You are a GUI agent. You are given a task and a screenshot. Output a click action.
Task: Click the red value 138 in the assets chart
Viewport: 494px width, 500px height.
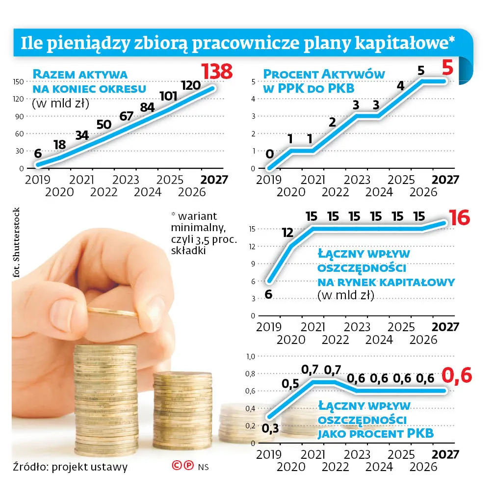click(216, 72)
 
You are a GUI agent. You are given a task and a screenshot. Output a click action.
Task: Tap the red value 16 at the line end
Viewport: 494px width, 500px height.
click(459, 217)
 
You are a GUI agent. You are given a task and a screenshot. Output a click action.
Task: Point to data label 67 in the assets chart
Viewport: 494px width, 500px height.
click(126, 116)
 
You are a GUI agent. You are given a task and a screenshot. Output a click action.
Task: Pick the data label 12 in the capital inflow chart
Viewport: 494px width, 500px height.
click(288, 233)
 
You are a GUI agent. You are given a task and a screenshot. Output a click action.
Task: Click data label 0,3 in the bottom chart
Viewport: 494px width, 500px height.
click(270, 428)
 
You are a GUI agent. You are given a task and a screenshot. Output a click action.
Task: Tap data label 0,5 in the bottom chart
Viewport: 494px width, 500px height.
click(290, 383)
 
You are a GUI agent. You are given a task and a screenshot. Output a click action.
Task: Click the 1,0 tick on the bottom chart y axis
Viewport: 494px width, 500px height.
click(250, 356)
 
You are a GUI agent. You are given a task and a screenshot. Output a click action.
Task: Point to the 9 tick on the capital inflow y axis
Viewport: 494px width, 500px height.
click(253, 263)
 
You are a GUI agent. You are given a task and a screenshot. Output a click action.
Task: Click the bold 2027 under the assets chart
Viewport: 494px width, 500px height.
click(214, 179)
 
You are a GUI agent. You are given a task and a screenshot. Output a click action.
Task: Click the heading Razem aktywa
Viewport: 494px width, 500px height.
click(80, 75)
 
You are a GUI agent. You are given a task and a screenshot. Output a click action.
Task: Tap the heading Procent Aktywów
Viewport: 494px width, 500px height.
click(324, 75)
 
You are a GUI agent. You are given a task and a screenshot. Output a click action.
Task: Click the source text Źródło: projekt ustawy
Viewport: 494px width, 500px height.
click(70, 466)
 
